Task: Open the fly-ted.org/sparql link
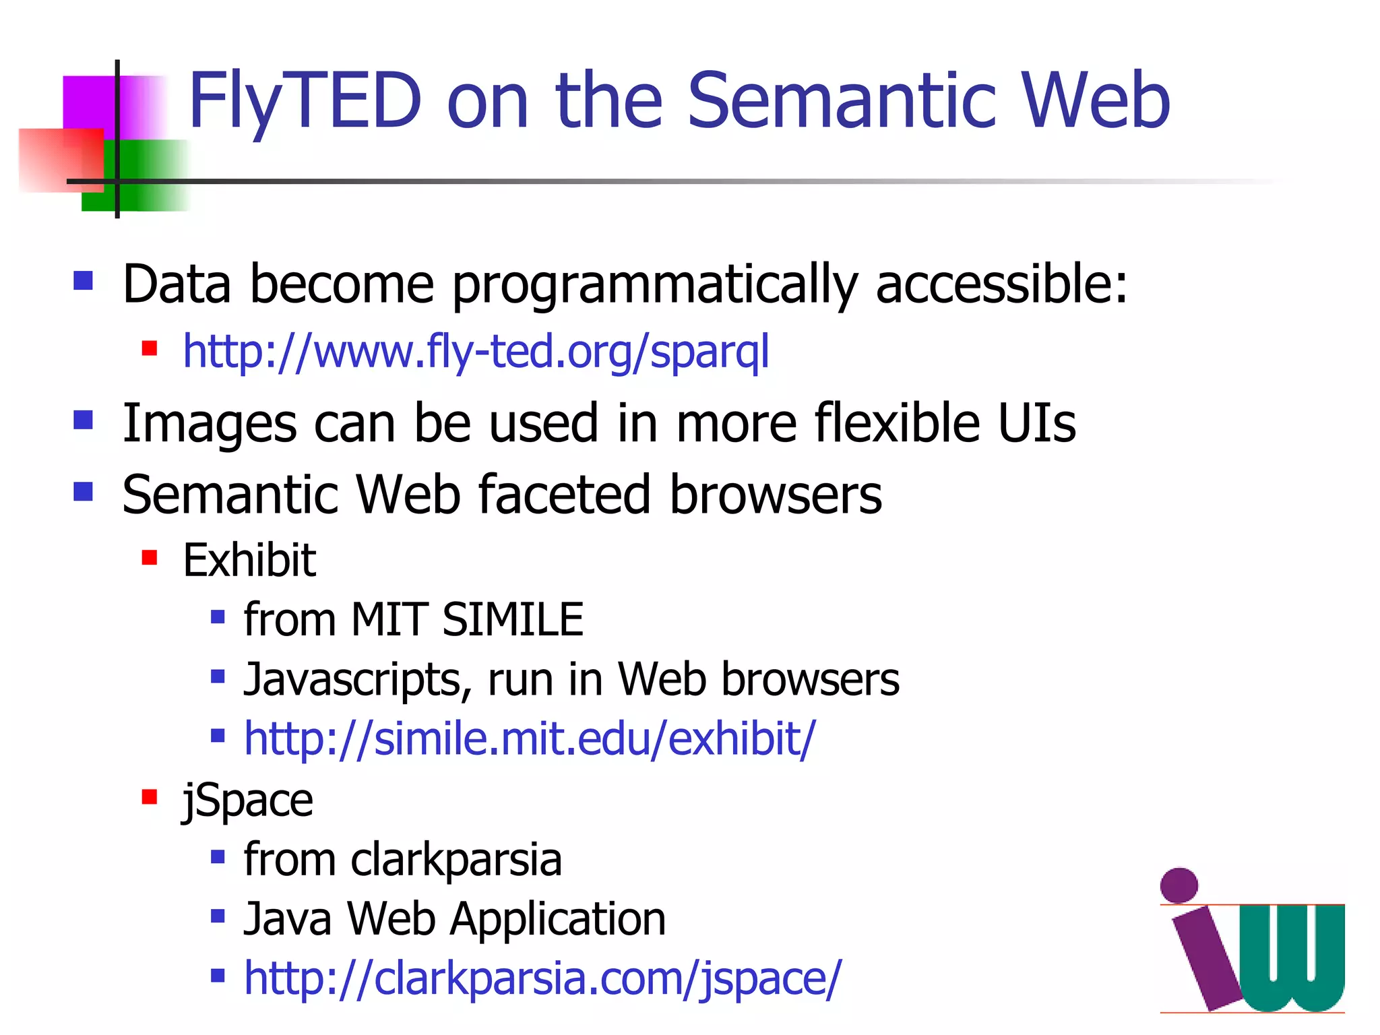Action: tap(476, 352)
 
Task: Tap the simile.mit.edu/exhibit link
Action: tap(530, 739)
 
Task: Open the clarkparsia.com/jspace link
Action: tap(542, 978)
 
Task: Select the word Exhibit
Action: tap(249, 561)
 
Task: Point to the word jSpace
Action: tap(248, 801)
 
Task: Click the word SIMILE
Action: tap(513, 619)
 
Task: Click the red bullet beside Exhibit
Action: tap(150, 558)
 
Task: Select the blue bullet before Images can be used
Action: tap(83, 420)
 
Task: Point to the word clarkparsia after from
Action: tap(456, 860)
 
